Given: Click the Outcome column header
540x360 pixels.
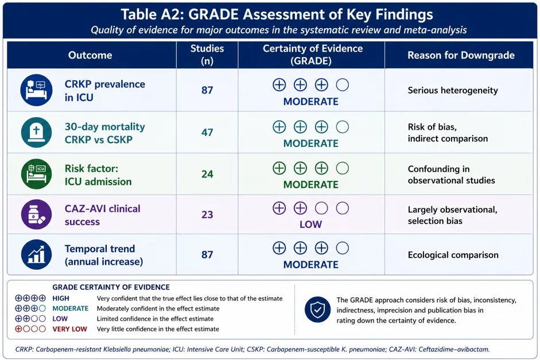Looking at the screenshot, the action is (x=90, y=55).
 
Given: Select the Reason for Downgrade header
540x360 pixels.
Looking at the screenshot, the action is (x=461, y=55).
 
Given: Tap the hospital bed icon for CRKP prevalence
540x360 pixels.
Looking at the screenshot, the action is (x=37, y=90).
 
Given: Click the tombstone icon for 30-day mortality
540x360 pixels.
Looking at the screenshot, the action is (x=37, y=132).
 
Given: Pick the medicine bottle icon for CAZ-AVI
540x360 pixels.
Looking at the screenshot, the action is (x=37, y=214).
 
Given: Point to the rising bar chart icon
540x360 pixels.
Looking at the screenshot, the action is (x=37, y=254).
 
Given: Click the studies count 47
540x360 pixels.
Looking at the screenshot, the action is (x=207, y=132).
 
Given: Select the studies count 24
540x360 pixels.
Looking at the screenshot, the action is (x=207, y=174).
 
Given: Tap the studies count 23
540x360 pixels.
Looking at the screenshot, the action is (x=207, y=215).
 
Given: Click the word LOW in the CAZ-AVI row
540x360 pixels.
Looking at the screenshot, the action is (x=310, y=224).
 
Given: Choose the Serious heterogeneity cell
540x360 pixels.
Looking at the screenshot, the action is (x=453, y=90).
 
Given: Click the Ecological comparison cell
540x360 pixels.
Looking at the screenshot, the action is (x=453, y=255).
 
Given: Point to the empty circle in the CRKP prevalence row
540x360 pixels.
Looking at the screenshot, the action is (x=343, y=85).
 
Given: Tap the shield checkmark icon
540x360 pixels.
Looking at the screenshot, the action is (x=317, y=309).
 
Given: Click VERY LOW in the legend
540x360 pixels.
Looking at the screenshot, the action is (x=69, y=329).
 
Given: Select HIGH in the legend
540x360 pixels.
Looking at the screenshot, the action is (x=61, y=299).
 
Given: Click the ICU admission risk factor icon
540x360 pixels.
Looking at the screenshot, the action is (x=37, y=174).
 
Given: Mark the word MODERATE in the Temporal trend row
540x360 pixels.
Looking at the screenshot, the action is (x=310, y=265).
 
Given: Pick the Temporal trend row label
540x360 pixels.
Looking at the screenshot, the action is (x=104, y=256).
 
